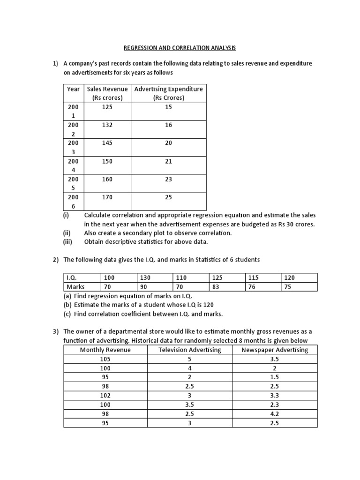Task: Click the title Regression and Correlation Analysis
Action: [x=180, y=48]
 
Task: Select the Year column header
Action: [x=73, y=89]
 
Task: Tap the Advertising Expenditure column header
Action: [x=168, y=93]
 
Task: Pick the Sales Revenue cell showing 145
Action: [x=107, y=143]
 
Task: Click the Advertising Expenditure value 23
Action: [x=168, y=179]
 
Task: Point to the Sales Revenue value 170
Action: [x=107, y=197]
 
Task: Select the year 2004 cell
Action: [x=73, y=165]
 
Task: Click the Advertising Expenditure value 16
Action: [x=168, y=125]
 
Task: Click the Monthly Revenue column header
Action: [x=105, y=350]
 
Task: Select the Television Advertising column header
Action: [x=189, y=350]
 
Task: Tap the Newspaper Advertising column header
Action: [x=275, y=350]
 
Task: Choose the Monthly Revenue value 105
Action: [x=105, y=359]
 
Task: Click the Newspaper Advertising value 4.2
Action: [x=275, y=413]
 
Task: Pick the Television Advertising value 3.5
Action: [x=189, y=404]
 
